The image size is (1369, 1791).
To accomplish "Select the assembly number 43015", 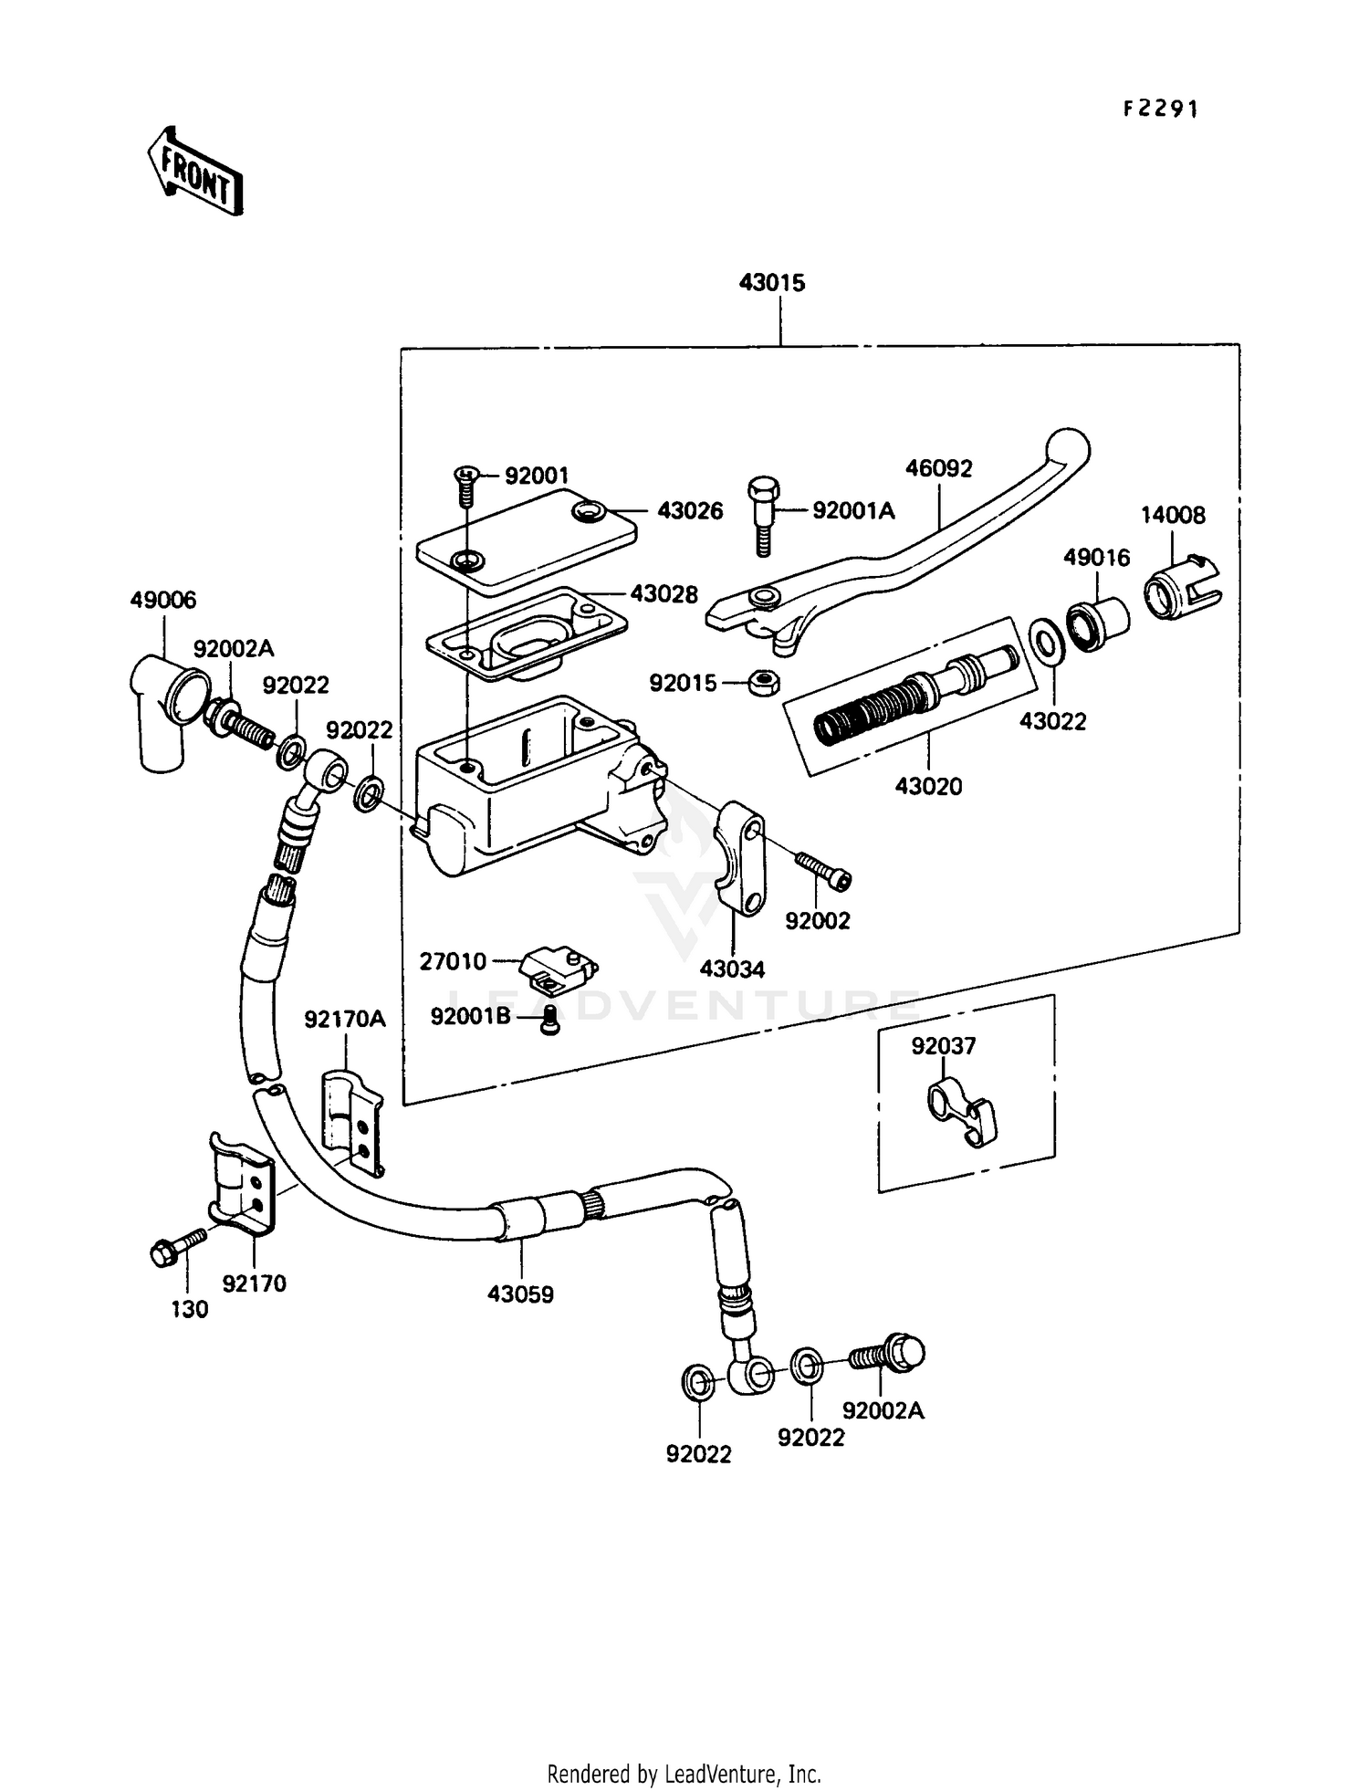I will point(772,283).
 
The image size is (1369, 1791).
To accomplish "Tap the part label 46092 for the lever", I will point(938,468).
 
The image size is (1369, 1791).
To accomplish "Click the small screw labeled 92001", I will point(465,485).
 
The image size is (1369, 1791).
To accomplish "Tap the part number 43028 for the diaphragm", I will point(664,594).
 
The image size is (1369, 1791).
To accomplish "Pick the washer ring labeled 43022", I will point(1046,641).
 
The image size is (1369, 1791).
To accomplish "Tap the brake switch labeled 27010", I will point(558,967).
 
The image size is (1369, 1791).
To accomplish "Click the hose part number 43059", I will point(520,1294).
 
